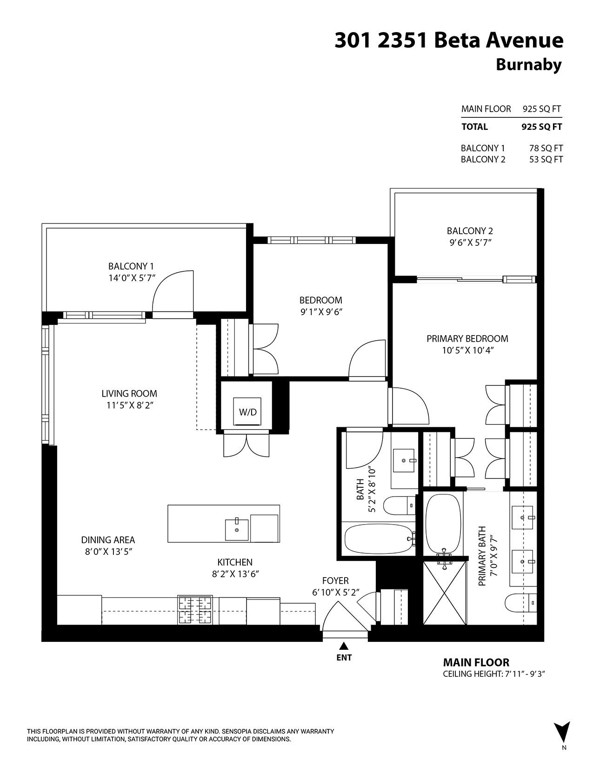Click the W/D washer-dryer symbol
(248, 411)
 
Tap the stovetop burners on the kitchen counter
(195, 610)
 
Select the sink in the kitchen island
(237, 529)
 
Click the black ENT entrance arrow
(344, 646)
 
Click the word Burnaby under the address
(528, 65)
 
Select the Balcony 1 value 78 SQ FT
(546, 148)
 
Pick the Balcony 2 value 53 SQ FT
(546, 159)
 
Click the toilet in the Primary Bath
(520, 604)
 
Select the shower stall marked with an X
(445, 593)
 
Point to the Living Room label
(129, 393)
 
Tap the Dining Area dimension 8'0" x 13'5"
(108, 552)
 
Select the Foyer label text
(335, 580)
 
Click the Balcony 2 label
(470, 230)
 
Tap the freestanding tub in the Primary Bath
(443, 523)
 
